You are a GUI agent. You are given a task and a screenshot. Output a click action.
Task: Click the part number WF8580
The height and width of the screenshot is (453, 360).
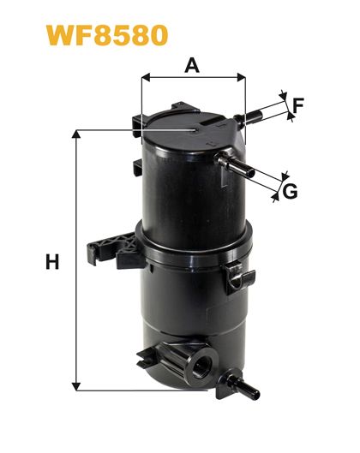pos(107,35)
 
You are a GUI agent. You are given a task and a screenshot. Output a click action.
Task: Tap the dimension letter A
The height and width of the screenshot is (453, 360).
pos(192,65)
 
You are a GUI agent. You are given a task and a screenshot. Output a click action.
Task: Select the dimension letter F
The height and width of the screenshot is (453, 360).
pos(297,105)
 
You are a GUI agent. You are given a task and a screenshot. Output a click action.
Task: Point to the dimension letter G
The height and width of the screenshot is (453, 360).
pos(290,191)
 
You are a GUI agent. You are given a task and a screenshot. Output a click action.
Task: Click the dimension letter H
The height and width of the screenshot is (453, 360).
pos(52,261)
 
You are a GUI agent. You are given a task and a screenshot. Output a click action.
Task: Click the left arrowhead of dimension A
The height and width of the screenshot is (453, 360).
pos(146,77)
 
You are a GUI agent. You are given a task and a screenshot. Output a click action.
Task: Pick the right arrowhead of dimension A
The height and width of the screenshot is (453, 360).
pos(241,77)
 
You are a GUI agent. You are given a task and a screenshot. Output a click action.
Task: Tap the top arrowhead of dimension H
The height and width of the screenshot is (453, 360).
pos(76,134)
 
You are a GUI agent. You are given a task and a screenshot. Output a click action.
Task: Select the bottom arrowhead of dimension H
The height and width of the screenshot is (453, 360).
pos(76,386)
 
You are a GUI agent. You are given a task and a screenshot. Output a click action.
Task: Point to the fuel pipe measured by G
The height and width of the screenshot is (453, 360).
pos(235,164)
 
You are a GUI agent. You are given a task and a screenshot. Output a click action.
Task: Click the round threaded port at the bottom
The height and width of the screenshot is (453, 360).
pos(201,363)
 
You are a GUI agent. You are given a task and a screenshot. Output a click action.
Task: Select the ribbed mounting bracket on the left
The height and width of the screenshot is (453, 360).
pos(116,250)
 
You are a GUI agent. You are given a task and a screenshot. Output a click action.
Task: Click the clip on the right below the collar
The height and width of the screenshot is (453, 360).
pos(239,278)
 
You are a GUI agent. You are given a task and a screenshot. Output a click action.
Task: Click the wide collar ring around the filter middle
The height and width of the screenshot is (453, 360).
pos(194,246)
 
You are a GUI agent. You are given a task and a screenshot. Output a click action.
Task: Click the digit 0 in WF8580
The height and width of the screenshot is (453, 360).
pos(157,35)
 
